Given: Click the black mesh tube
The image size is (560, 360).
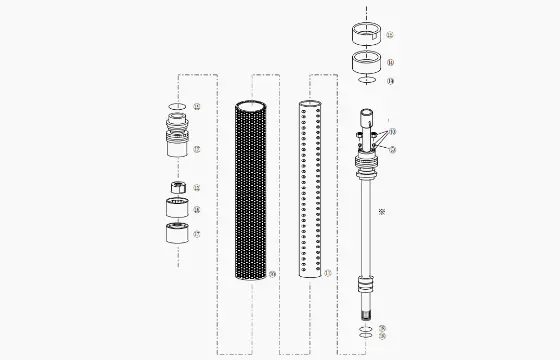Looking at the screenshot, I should [x=251, y=190].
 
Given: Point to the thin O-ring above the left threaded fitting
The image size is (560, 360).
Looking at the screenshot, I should [x=177, y=106].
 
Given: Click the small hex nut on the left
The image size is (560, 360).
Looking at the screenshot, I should [x=177, y=187].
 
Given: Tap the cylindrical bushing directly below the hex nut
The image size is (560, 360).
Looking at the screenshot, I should [x=178, y=210].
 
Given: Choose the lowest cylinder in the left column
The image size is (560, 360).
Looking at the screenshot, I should [x=178, y=236].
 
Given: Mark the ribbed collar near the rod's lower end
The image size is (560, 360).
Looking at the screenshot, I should [x=367, y=290].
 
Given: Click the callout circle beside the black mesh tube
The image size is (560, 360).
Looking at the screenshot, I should [x=272, y=273].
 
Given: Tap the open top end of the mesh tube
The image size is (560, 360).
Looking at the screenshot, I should [x=251, y=104].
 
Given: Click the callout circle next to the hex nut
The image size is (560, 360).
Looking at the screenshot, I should [x=196, y=187].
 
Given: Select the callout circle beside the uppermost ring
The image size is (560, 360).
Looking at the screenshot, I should [x=390, y=36].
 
